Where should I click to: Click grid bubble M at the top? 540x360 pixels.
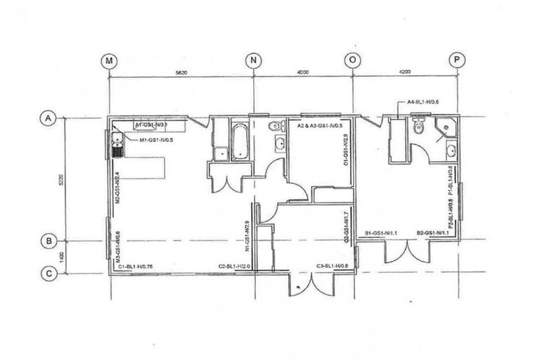coord(109,60)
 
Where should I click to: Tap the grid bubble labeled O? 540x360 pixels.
coord(352,60)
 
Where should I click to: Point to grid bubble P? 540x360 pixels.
coord(458,60)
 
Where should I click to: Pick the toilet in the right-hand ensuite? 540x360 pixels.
coord(420,127)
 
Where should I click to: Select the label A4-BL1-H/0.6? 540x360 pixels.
coord(426,102)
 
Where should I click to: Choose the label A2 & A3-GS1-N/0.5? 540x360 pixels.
coord(319,126)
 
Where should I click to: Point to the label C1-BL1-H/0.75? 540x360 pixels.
coord(136,266)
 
